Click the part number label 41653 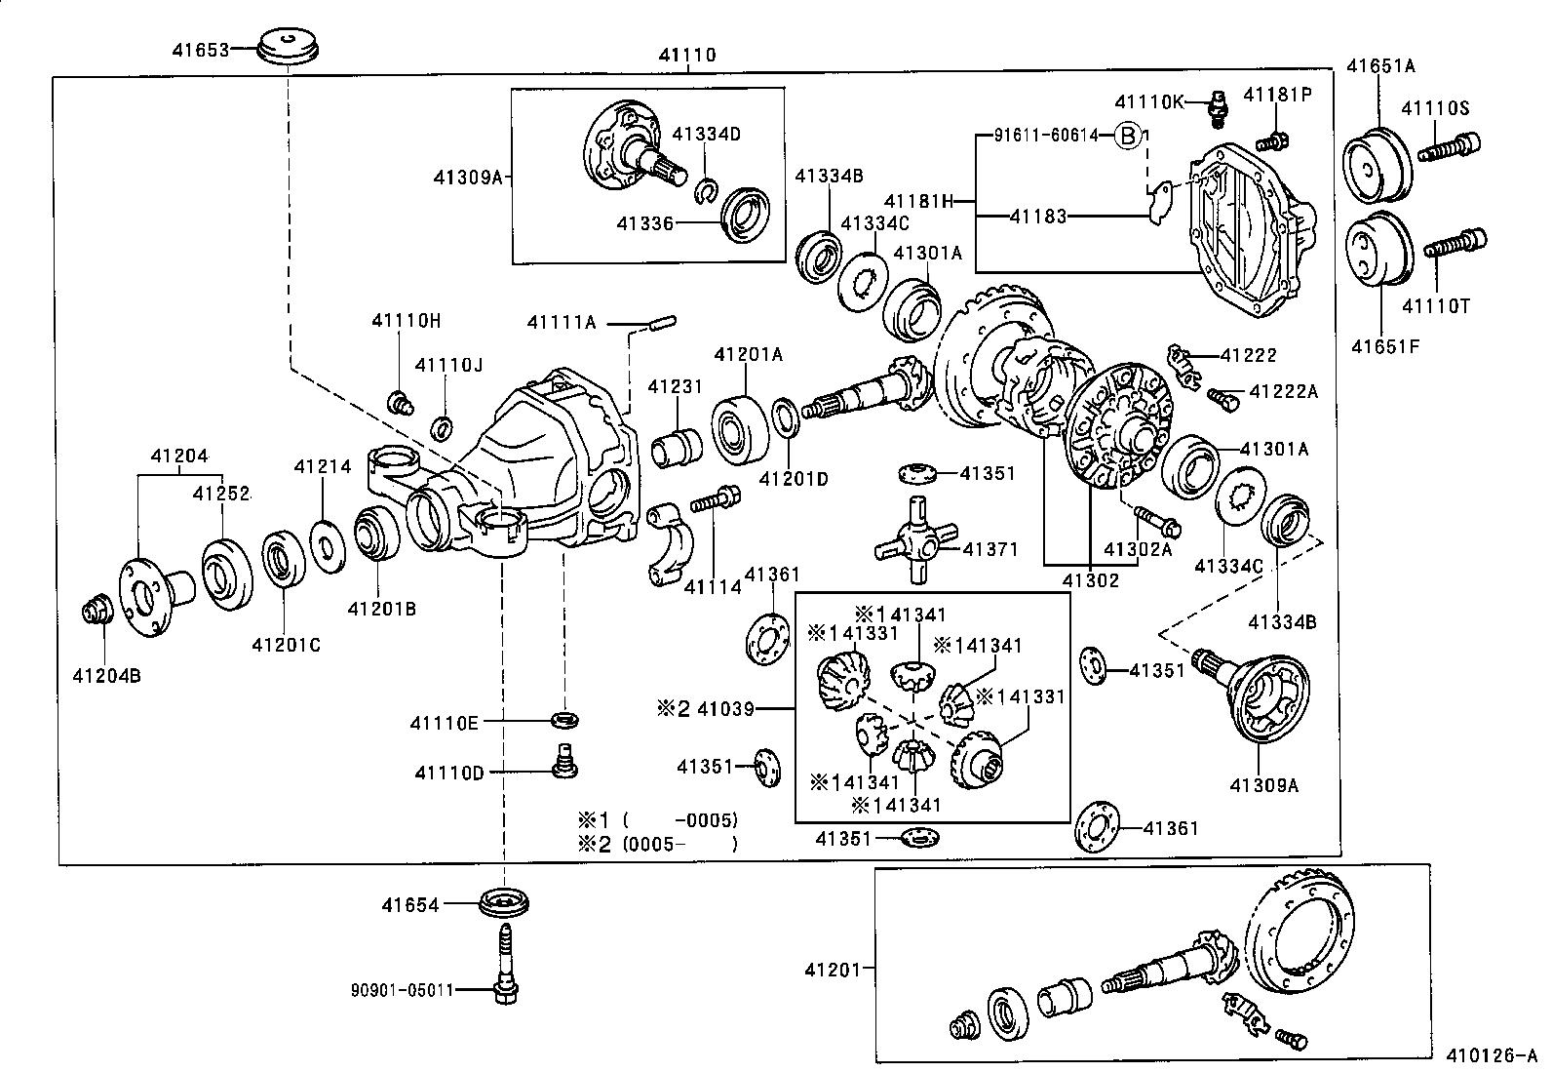click(x=200, y=50)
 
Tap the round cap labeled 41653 click(x=289, y=47)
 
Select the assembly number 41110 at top click(x=686, y=55)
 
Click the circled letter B click(x=1127, y=136)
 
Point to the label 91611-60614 click(x=1046, y=136)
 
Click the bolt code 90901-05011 click(x=402, y=990)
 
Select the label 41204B click(x=106, y=675)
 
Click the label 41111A click(x=562, y=323)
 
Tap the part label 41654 click(x=410, y=905)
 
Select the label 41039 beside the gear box click(x=725, y=709)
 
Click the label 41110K click(x=1148, y=102)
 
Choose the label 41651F click(x=1385, y=346)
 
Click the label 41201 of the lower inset click(x=833, y=971)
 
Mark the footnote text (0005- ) click(x=679, y=844)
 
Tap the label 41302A click(x=1138, y=549)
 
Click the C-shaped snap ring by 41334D click(x=707, y=190)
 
